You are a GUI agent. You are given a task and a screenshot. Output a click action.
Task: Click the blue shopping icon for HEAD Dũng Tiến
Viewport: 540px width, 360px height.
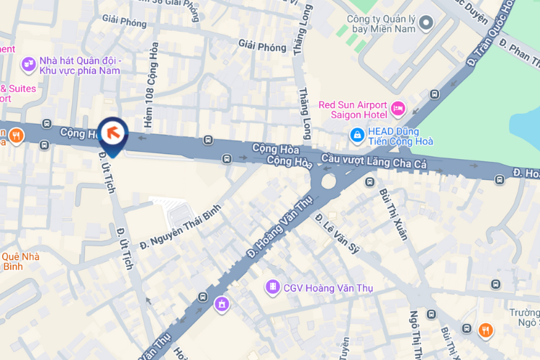(x=356, y=134)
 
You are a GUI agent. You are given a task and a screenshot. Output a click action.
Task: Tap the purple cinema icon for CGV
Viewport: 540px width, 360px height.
(x=272, y=288)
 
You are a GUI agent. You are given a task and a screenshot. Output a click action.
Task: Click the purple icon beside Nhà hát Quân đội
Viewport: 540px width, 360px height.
(x=29, y=66)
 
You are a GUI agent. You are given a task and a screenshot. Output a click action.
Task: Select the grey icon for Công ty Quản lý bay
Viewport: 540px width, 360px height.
(x=426, y=24)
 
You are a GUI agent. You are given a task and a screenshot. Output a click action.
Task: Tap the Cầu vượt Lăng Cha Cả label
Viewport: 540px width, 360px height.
(x=374, y=164)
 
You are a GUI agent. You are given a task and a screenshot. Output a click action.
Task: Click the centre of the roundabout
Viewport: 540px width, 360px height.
(x=328, y=180)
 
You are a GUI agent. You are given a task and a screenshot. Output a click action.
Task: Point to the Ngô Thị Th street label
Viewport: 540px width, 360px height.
(x=415, y=334)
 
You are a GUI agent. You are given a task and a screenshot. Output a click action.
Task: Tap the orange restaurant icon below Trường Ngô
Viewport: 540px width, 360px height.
(x=486, y=330)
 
